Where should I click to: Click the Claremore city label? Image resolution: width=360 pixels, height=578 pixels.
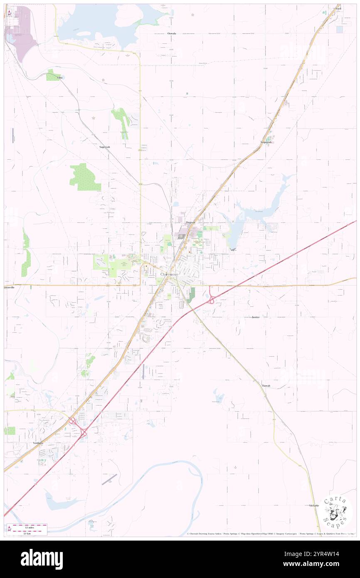pos(169,275)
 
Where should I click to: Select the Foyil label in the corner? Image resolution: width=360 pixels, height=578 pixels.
pos(338,8)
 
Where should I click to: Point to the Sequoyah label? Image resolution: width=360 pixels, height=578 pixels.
pos(266,142)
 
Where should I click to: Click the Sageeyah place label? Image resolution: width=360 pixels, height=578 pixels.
pos(105,147)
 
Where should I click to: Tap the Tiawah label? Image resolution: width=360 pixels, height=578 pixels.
pos(266,385)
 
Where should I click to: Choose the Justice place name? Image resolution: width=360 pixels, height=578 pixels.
pos(256,317)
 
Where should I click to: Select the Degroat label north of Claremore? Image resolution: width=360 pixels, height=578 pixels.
pos(191,222)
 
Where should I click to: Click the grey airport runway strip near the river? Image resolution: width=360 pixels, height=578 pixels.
pos(109,479)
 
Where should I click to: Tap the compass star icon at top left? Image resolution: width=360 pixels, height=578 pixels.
pos(9,13)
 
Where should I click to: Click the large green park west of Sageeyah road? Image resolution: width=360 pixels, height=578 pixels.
pos(84,177)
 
